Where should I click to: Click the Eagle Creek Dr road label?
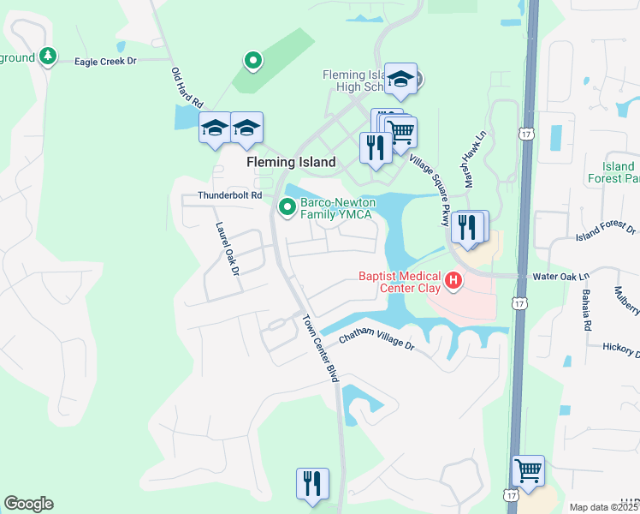tap(105, 62)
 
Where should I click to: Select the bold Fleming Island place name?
tap(291, 162)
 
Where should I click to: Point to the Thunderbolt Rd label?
tap(229, 195)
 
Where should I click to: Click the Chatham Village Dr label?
tap(376, 340)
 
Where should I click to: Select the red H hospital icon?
tap(453, 279)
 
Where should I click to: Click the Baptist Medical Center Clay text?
tap(400, 282)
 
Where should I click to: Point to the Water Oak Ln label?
tap(561, 277)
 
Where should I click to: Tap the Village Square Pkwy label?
tap(430, 190)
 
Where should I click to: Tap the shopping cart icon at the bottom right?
tap(528, 470)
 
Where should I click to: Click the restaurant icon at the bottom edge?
tap(312, 483)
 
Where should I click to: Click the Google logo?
tap(28, 504)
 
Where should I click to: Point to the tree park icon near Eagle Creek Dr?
tap(49, 57)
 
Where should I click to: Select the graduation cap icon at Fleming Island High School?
tap(400, 80)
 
